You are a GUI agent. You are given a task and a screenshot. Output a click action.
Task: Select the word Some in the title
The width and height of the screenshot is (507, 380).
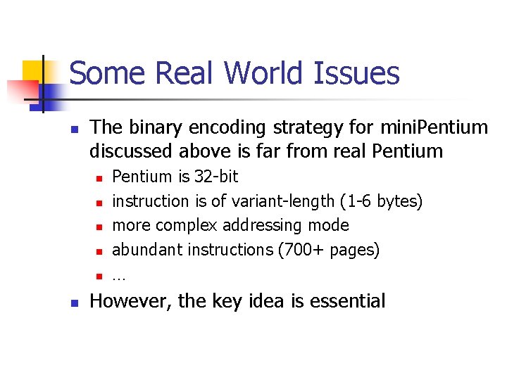tap(107, 73)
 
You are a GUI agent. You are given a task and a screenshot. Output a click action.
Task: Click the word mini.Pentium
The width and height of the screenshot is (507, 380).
tap(432, 127)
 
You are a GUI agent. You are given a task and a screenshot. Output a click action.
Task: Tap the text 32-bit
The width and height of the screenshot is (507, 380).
tap(216, 176)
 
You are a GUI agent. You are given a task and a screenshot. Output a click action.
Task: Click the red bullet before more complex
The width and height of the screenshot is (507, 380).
tap(99, 227)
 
